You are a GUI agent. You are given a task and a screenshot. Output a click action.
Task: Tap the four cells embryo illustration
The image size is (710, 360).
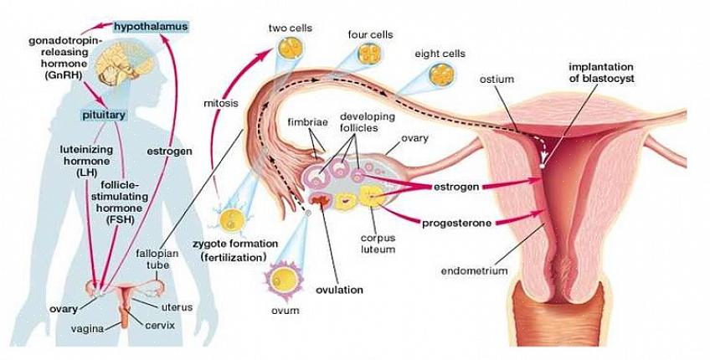370,54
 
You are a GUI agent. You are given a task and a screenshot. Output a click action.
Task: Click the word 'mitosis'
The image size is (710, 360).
221,104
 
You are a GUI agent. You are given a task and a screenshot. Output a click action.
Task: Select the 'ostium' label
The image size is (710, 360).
496,79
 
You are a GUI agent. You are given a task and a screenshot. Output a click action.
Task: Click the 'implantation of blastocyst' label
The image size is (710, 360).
601,72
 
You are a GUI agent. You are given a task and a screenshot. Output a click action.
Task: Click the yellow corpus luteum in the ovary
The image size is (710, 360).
371,198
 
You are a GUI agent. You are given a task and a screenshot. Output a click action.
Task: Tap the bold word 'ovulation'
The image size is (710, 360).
339,290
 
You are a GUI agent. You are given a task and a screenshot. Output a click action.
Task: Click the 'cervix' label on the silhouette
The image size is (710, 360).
159,325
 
